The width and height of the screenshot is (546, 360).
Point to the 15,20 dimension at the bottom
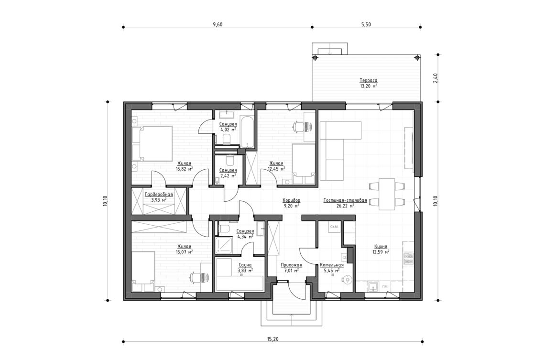(x=273, y=338)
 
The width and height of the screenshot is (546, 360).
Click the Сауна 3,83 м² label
(x=244, y=267)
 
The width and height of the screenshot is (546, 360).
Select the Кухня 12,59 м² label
(x=381, y=249)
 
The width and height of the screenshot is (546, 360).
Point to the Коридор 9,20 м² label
(x=291, y=203)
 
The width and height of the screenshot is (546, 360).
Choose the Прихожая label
(x=291, y=267)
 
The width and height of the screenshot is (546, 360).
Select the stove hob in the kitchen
(x=409, y=259)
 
